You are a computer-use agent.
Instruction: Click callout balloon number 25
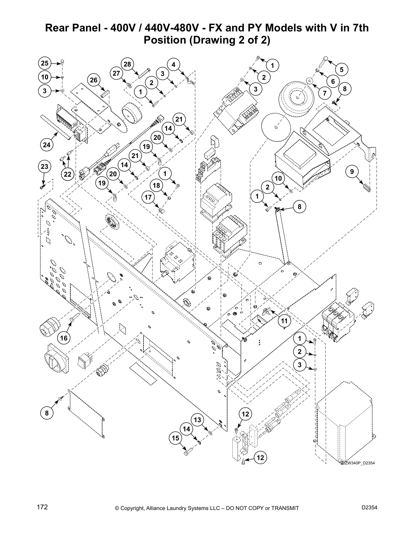point(45,63)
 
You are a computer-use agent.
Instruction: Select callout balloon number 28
point(127,64)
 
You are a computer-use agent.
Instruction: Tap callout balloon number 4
point(174,64)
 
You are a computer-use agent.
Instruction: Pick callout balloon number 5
point(342,70)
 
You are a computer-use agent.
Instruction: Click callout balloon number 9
point(352,172)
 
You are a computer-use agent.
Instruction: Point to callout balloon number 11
point(284,321)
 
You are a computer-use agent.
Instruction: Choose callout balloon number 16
point(64,337)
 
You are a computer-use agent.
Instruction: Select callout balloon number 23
point(44,167)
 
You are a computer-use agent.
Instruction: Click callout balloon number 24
point(47,145)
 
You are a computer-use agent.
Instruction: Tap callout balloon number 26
point(94,80)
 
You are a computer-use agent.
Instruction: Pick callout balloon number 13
point(198,420)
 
